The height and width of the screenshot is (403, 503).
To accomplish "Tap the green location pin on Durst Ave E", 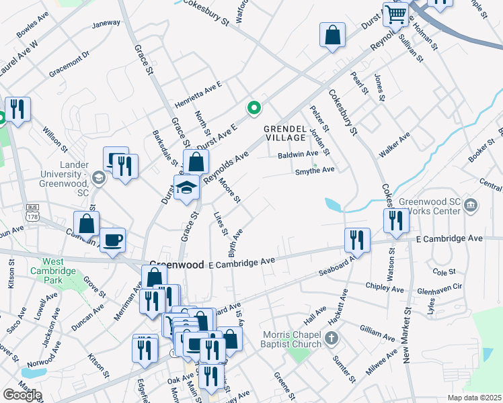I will click(254, 107).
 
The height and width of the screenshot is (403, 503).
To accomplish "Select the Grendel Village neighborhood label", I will click(285, 132).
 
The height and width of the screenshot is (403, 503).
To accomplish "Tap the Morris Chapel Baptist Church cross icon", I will click(330, 338).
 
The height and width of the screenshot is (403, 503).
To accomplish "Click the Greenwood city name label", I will click(176, 265).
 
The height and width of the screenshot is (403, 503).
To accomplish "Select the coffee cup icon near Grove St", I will click(112, 239).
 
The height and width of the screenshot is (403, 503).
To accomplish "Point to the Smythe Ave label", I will click(315, 171).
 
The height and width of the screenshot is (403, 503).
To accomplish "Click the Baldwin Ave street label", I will click(297, 154).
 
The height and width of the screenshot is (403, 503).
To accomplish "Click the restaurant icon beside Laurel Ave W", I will click(18, 109).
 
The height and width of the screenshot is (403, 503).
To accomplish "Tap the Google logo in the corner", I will click(22, 394).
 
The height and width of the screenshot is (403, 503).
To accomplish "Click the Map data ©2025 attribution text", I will click(474, 398).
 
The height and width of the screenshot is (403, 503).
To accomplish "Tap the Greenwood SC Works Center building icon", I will click(471, 204).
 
